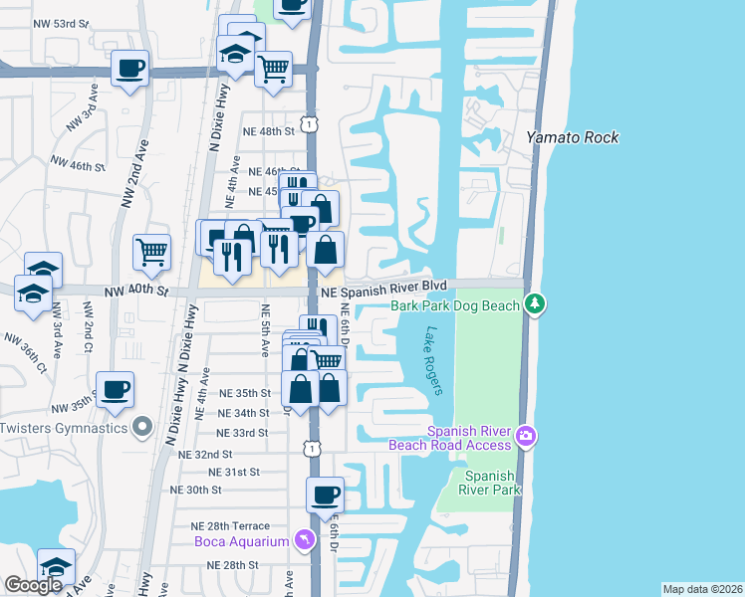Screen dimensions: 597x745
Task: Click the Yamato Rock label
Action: (x=572, y=137)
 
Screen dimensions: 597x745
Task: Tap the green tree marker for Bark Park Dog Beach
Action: (x=536, y=302)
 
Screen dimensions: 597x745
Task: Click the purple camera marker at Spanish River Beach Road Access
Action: (x=526, y=436)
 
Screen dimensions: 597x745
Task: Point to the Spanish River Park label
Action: (x=489, y=483)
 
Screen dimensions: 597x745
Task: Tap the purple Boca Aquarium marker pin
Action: (x=305, y=540)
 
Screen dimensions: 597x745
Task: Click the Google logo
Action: (x=33, y=585)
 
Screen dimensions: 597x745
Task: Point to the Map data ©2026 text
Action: (x=701, y=589)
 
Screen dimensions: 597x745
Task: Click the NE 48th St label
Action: (x=269, y=130)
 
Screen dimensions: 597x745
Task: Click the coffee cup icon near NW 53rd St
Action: (x=130, y=69)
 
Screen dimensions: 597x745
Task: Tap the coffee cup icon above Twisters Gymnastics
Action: (x=116, y=389)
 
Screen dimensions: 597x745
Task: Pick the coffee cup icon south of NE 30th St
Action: (x=325, y=495)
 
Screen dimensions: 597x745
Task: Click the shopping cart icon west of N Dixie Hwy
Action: (x=151, y=252)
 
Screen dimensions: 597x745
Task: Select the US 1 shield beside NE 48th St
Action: (x=312, y=123)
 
